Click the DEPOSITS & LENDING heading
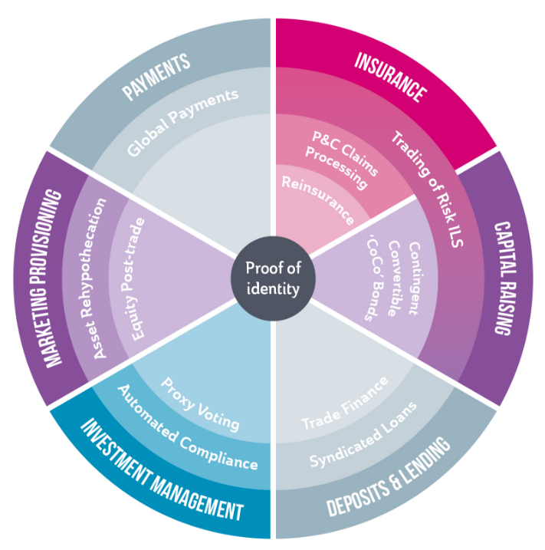click(389, 476)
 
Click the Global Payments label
click(183, 121)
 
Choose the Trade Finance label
click(344, 403)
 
